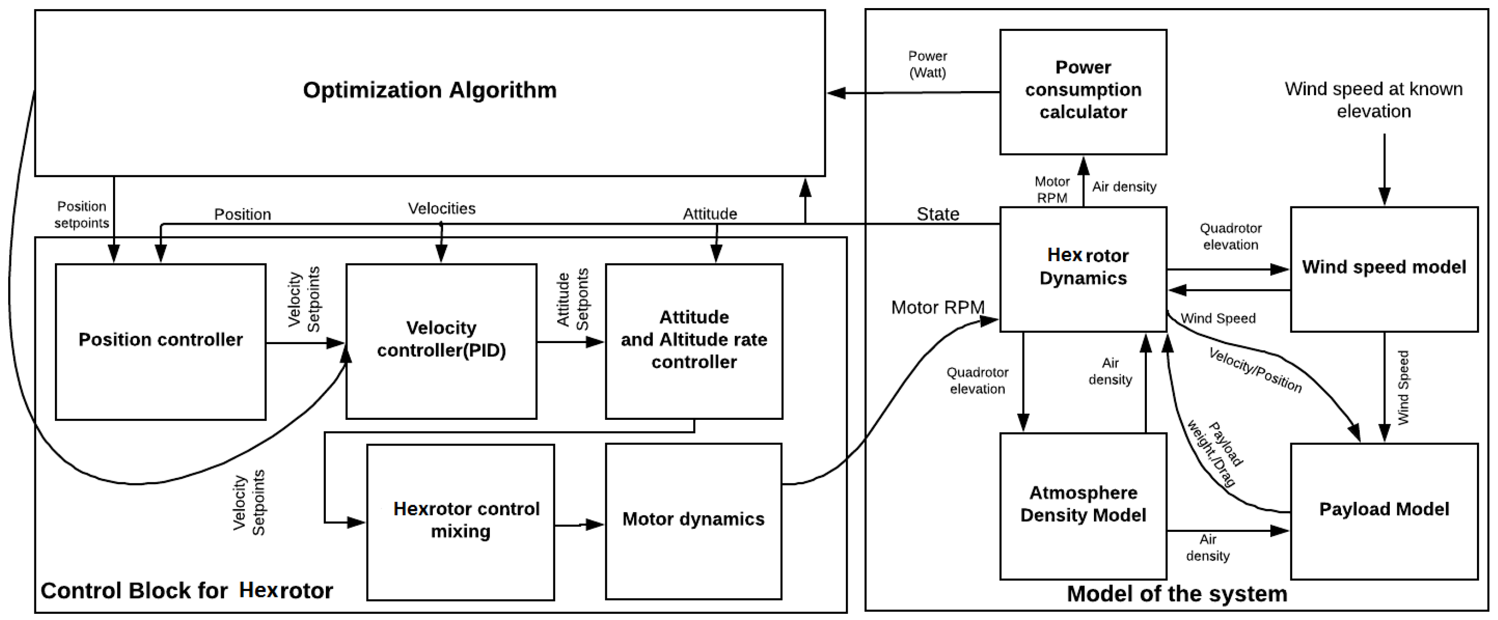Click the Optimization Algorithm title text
[430, 91]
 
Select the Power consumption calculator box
[1083, 92]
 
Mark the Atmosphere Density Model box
[1083, 506]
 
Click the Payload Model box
[1384, 511]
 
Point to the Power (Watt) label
[927, 64]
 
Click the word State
[937, 214]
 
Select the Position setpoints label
[82, 215]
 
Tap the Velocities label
[441, 209]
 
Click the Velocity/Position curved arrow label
[1255, 370]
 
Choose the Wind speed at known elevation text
[1373, 100]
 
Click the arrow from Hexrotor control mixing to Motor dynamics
[579, 525]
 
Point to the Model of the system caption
[1176, 594]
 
